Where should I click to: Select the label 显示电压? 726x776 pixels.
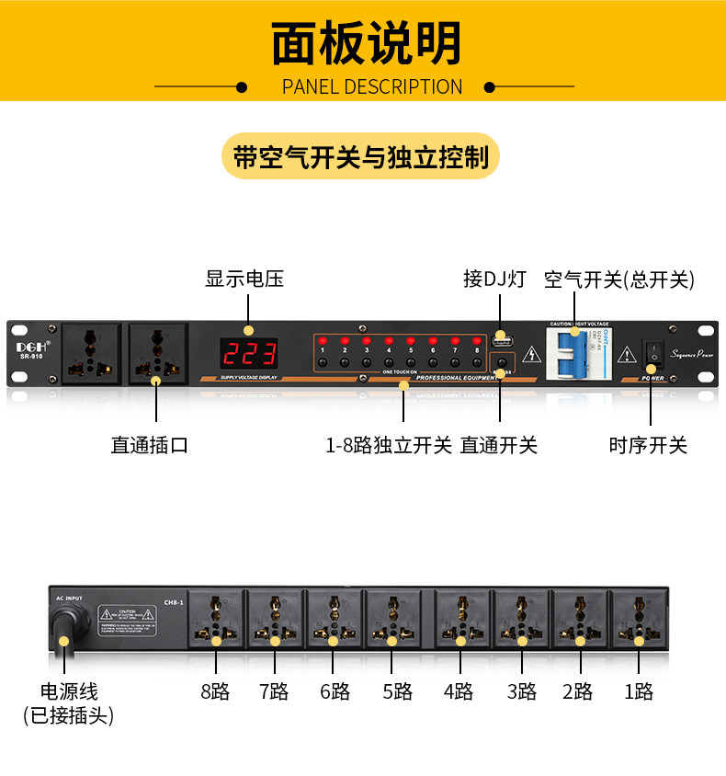244,280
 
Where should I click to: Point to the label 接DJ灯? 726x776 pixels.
494,280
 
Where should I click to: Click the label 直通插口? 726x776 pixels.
150,446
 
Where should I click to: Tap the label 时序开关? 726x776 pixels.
648,446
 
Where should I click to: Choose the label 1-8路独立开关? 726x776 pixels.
389,446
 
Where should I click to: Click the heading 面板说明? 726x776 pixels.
366,44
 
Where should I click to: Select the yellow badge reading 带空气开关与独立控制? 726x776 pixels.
361,157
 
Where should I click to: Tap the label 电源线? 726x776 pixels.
69,692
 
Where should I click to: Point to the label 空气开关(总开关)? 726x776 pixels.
619,280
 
